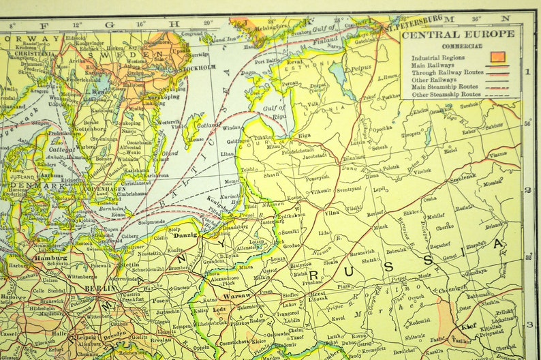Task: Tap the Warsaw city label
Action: [238, 296]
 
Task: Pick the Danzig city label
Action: [185, 235]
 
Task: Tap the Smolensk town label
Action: [462, 176]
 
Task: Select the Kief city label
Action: [468, 327]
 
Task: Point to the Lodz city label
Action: [219, 310]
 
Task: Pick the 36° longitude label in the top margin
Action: [476, 19]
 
